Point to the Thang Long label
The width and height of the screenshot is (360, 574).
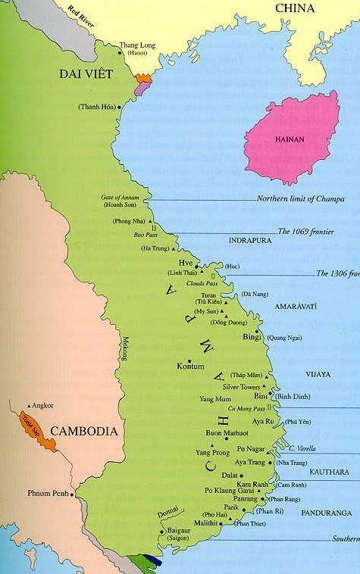click(136, 45)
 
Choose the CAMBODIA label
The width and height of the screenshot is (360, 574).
click(84, 432)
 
